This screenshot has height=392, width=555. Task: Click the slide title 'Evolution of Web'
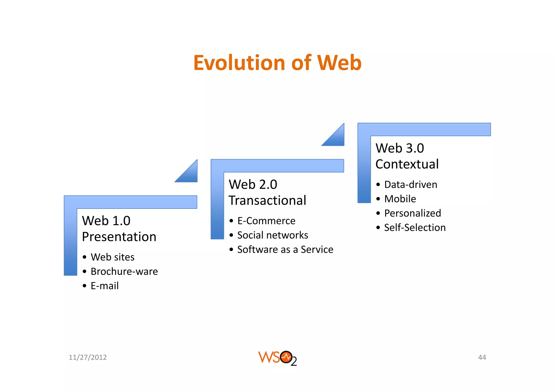(277, 63)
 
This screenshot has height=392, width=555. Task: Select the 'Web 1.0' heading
(106, 221)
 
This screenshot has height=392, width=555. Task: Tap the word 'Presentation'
(119, 237)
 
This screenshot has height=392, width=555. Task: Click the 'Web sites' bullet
(112, 257)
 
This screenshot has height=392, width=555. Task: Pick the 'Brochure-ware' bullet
(124, 272)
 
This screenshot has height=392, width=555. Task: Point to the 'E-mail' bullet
(105, 286)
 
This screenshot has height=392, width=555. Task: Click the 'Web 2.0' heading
(253, 184)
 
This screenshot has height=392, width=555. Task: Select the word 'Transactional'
(267, 201)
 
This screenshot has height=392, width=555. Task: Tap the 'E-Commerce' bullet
(266, 221)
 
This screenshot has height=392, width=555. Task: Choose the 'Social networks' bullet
(273, 235)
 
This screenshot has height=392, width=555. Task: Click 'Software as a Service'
(285, 250)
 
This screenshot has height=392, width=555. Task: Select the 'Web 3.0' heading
(400, 148)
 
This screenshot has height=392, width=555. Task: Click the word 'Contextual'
(407, 164)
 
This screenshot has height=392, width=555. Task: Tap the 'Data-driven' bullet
(411, 185)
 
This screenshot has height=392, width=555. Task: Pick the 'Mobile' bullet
(400, 199)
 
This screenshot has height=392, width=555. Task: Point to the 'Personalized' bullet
(412, 213)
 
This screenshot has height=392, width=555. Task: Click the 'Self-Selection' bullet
(415, 228)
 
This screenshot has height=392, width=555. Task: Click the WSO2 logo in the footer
(277, 358)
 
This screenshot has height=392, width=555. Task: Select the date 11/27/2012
(88, 358)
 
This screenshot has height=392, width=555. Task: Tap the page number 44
(482, 358)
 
